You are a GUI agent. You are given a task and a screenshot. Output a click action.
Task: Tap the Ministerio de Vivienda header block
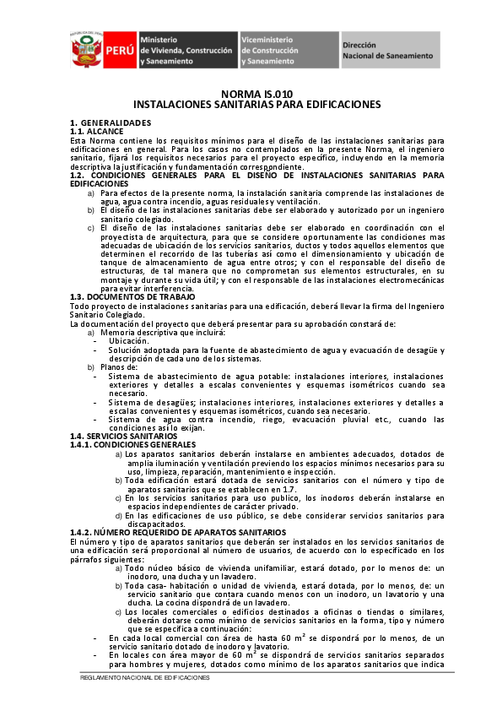tap(186, 51)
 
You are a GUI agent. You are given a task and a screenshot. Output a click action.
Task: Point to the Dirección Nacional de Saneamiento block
tap(388, 51)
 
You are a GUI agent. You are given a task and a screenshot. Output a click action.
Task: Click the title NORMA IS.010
tap(256, 94)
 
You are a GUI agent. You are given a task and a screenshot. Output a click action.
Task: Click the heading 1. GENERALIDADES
tap(111, 123)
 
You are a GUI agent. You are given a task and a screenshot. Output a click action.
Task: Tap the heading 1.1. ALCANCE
tap(96, 132)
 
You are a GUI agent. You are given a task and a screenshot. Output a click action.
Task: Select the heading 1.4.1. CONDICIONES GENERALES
tap(132, 443)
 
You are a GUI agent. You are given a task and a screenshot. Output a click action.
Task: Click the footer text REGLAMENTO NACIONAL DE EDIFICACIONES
tap(144, 678)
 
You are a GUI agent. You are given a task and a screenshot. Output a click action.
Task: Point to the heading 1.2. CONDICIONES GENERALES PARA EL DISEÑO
tap(256, 176)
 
